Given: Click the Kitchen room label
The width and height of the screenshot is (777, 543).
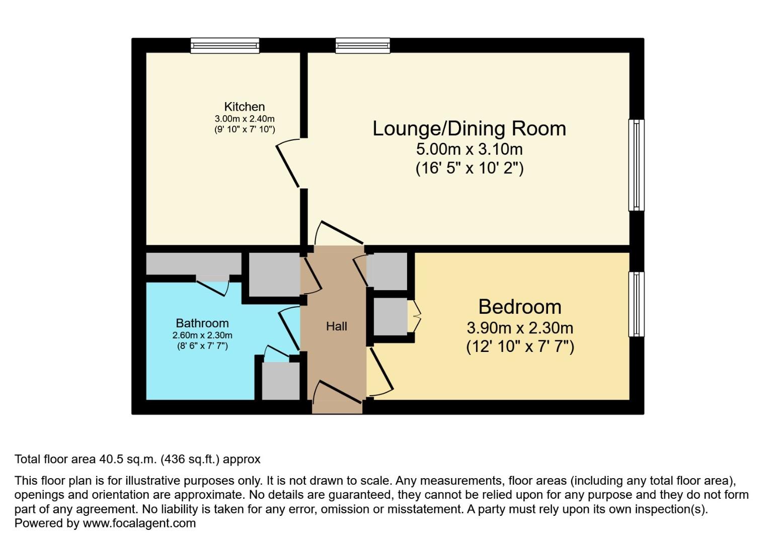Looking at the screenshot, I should [x=244, y=107].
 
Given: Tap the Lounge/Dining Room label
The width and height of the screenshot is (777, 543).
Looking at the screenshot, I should [x=469, y=129].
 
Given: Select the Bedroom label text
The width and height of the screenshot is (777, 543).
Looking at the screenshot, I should [x=520, y=307].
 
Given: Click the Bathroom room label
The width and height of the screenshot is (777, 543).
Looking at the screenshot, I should [x=202, y=323].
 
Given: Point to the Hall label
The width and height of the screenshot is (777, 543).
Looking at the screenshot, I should [x=336, y=326].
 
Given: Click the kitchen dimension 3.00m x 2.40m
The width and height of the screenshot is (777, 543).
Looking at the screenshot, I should [x=245, y=119].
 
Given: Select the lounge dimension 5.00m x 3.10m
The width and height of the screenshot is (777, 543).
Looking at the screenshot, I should [x=469, y=149].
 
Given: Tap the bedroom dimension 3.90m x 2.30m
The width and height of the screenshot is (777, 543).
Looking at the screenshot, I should [x=520, y=328].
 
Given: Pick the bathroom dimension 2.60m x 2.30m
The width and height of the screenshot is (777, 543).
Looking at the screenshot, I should [x=202, y=335].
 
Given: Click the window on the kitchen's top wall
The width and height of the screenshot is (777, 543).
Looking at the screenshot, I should [x=225, y=46].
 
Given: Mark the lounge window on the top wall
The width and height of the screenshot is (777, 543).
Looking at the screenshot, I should [x=362, y=46].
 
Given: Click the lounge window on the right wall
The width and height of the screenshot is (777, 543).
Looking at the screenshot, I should [x=636, y=165].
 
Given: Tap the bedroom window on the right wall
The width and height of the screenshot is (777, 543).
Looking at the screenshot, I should [x=636, y=304].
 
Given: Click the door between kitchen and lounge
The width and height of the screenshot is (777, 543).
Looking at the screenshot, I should [x=288, y=165].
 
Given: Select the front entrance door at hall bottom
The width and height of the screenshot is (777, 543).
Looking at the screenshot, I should [x=338, y=392].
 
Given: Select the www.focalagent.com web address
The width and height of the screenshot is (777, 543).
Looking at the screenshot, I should [x=139, y=523].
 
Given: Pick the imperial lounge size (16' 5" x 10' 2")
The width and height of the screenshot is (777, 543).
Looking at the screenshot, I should [x=469, y=168].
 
